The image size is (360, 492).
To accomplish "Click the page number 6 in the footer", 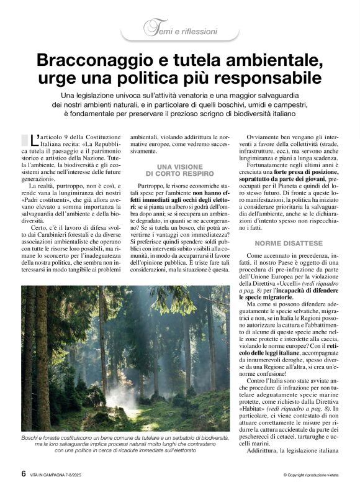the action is coord(23,473).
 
